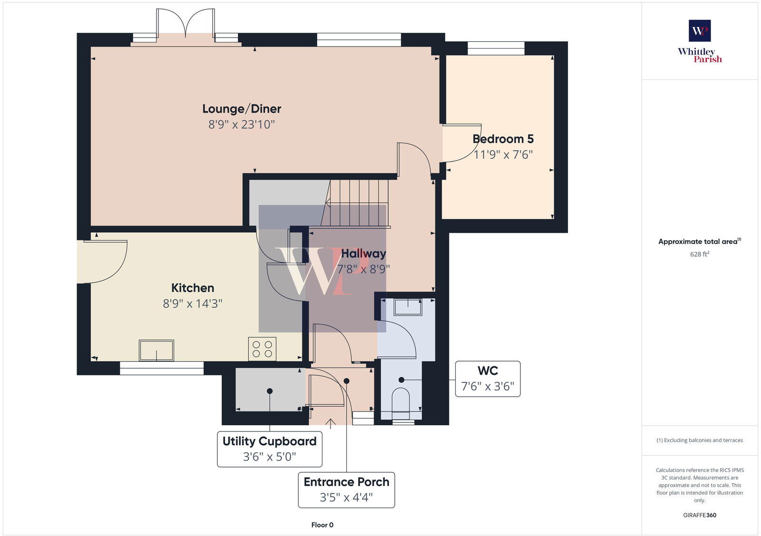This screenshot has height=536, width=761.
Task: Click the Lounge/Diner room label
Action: pos(242,109)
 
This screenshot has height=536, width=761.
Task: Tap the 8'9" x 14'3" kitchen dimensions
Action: pos(193,304)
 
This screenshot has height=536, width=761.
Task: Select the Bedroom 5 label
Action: pos(503,139)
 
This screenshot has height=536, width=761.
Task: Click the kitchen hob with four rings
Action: pos(262,349)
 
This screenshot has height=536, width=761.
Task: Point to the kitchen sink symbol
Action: pos(156,350)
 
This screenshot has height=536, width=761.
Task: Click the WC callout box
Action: pos(488,379)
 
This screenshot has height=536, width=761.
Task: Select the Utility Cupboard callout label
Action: pos(269,441)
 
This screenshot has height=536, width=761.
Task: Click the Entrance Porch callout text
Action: pos(346,482)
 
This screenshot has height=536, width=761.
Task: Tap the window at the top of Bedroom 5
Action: pos(496,48)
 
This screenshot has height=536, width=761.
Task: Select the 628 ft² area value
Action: pos(700,254)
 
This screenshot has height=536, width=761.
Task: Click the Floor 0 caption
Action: pos(322,525)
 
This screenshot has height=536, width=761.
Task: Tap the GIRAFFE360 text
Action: pos(700,515)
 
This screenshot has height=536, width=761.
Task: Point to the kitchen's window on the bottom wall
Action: pos(162,368)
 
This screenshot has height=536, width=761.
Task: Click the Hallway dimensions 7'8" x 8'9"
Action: pos(363,269)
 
